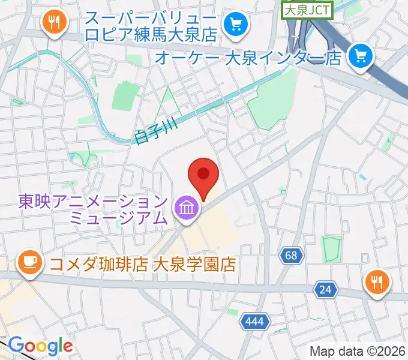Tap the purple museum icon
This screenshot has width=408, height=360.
[186, 209]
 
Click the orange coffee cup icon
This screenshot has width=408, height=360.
[29, 262]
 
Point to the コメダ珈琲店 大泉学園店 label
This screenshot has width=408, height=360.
[140, 264]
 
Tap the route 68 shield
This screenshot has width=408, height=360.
[290, 256]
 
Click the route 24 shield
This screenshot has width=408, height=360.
[325, 290]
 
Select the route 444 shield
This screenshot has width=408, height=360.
[254, 322]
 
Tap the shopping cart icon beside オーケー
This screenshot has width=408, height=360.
[361, 56]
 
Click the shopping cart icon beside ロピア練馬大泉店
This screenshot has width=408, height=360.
[233, 25]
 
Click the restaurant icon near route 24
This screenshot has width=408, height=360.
[377, 281]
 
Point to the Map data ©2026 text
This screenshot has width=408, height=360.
[358, 351]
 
